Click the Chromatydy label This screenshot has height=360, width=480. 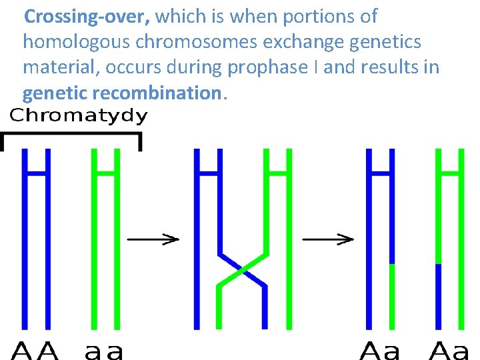(x=79, y=117)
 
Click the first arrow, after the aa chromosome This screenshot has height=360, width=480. (x=153, y=239)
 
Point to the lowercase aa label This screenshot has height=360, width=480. (x=104, y=350)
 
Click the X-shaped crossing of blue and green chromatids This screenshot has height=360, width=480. (x=242, y=270)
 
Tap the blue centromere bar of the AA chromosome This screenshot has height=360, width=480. (x=37, y=173)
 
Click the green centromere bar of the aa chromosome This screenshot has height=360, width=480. (x=105, y=173)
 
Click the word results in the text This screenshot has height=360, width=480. (x=385, y=67)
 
